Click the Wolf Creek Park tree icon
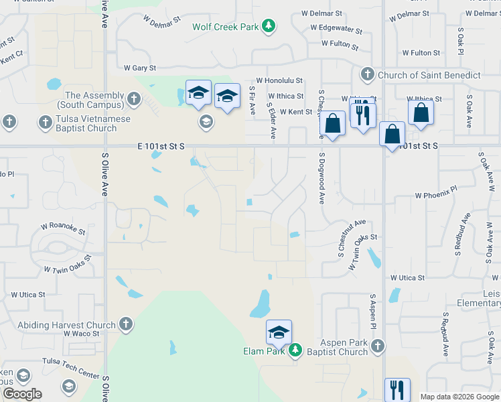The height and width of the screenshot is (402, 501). [x=269, y=26]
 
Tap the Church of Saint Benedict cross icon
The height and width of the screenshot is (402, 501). [x=367, y=74]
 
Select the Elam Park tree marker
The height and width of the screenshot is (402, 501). [x=294, y=350]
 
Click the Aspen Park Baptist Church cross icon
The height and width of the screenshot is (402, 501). [x=378, y=346]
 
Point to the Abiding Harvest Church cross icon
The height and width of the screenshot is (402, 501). [x=125, y=325]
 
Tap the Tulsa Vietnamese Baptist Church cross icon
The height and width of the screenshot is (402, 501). [x=45, y=122]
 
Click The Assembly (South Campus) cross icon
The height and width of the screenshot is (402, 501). [x=133, y=100]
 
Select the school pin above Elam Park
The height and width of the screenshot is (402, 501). [x=279, y=332]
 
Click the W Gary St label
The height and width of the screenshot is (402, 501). [x=140, y=68]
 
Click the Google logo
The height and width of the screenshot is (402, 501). [x=22, y=394]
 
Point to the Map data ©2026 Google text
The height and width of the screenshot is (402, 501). [x=459, y=397]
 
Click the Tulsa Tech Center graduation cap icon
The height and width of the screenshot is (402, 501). [x=68, y=386]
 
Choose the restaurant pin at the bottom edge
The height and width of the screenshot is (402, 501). [x=397, y=389]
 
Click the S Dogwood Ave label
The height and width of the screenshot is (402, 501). [x=321, y=178]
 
